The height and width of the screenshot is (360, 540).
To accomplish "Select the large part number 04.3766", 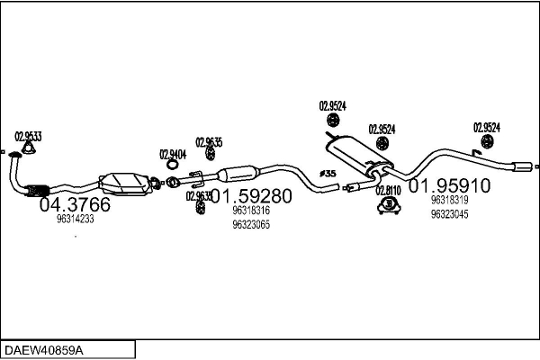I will click(x=75, y=205).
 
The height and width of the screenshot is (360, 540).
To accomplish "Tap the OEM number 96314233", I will click(x=75, y=219).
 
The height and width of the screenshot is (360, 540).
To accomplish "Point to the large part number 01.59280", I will click(x=251, y=196).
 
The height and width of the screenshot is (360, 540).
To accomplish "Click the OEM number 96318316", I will click(x=251, y=211).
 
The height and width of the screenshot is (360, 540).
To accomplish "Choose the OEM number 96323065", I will click(x=251, y=224).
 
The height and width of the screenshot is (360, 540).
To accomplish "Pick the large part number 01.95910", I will click(x=449, y=186).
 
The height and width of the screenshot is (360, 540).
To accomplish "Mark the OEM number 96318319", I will click(x=449, y=200).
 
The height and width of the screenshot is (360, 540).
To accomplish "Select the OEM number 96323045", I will click(x=449, y=214).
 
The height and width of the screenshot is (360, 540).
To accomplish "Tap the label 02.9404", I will click(x=173, y=153).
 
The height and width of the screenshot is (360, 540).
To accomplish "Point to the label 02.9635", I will click(x=209, y=142).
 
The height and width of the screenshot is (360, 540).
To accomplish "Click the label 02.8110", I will click(x=388, y=190).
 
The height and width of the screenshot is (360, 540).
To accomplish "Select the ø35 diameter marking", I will click(x=328, y=173).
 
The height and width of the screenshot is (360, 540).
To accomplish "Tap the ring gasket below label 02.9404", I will click(x=171, y=166).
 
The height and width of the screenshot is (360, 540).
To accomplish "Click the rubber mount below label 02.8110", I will click(x=388, y=210).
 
